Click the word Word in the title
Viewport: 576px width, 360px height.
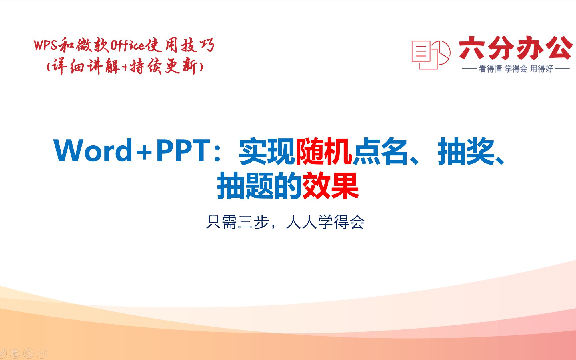93,151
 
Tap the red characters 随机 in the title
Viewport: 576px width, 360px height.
324,151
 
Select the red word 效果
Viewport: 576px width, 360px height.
331,186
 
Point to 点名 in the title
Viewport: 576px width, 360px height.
380,151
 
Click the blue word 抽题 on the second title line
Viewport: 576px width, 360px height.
246,186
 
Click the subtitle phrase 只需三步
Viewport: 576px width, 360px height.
237,222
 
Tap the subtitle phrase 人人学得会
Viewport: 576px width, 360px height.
325,222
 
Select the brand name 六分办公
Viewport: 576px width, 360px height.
516,48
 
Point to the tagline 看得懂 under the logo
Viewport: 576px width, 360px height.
490,69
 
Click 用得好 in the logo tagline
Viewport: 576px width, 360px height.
542,69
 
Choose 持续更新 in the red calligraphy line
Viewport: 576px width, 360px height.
164,67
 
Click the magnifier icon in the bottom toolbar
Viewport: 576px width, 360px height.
28,354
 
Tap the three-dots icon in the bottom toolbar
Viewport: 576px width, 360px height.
42,354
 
